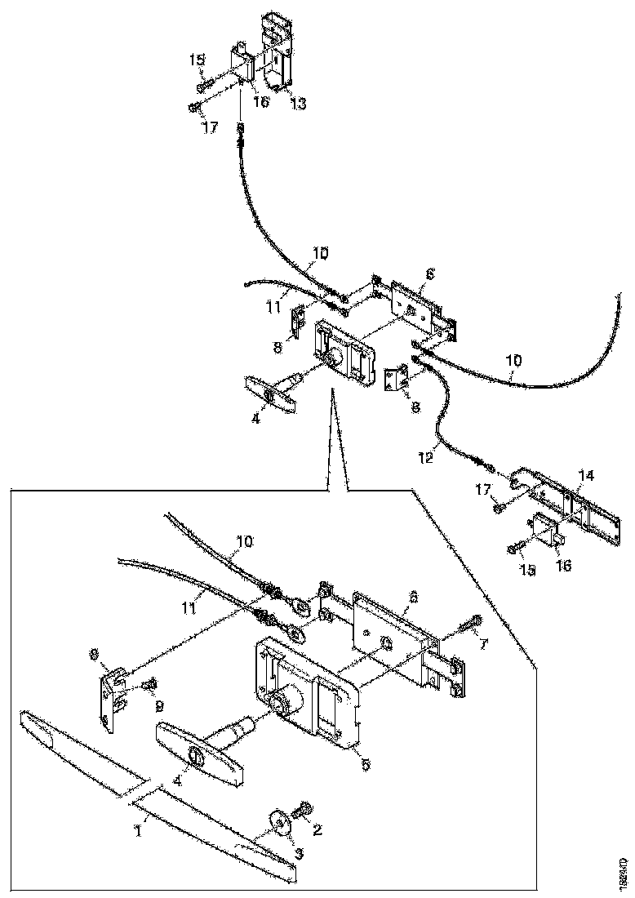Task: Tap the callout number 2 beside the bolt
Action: (x=318, y=831)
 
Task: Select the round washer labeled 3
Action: (x=278, y=822)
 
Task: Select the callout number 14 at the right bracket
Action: (x=587, y=474)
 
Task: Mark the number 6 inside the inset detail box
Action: (x=414, y=598)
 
